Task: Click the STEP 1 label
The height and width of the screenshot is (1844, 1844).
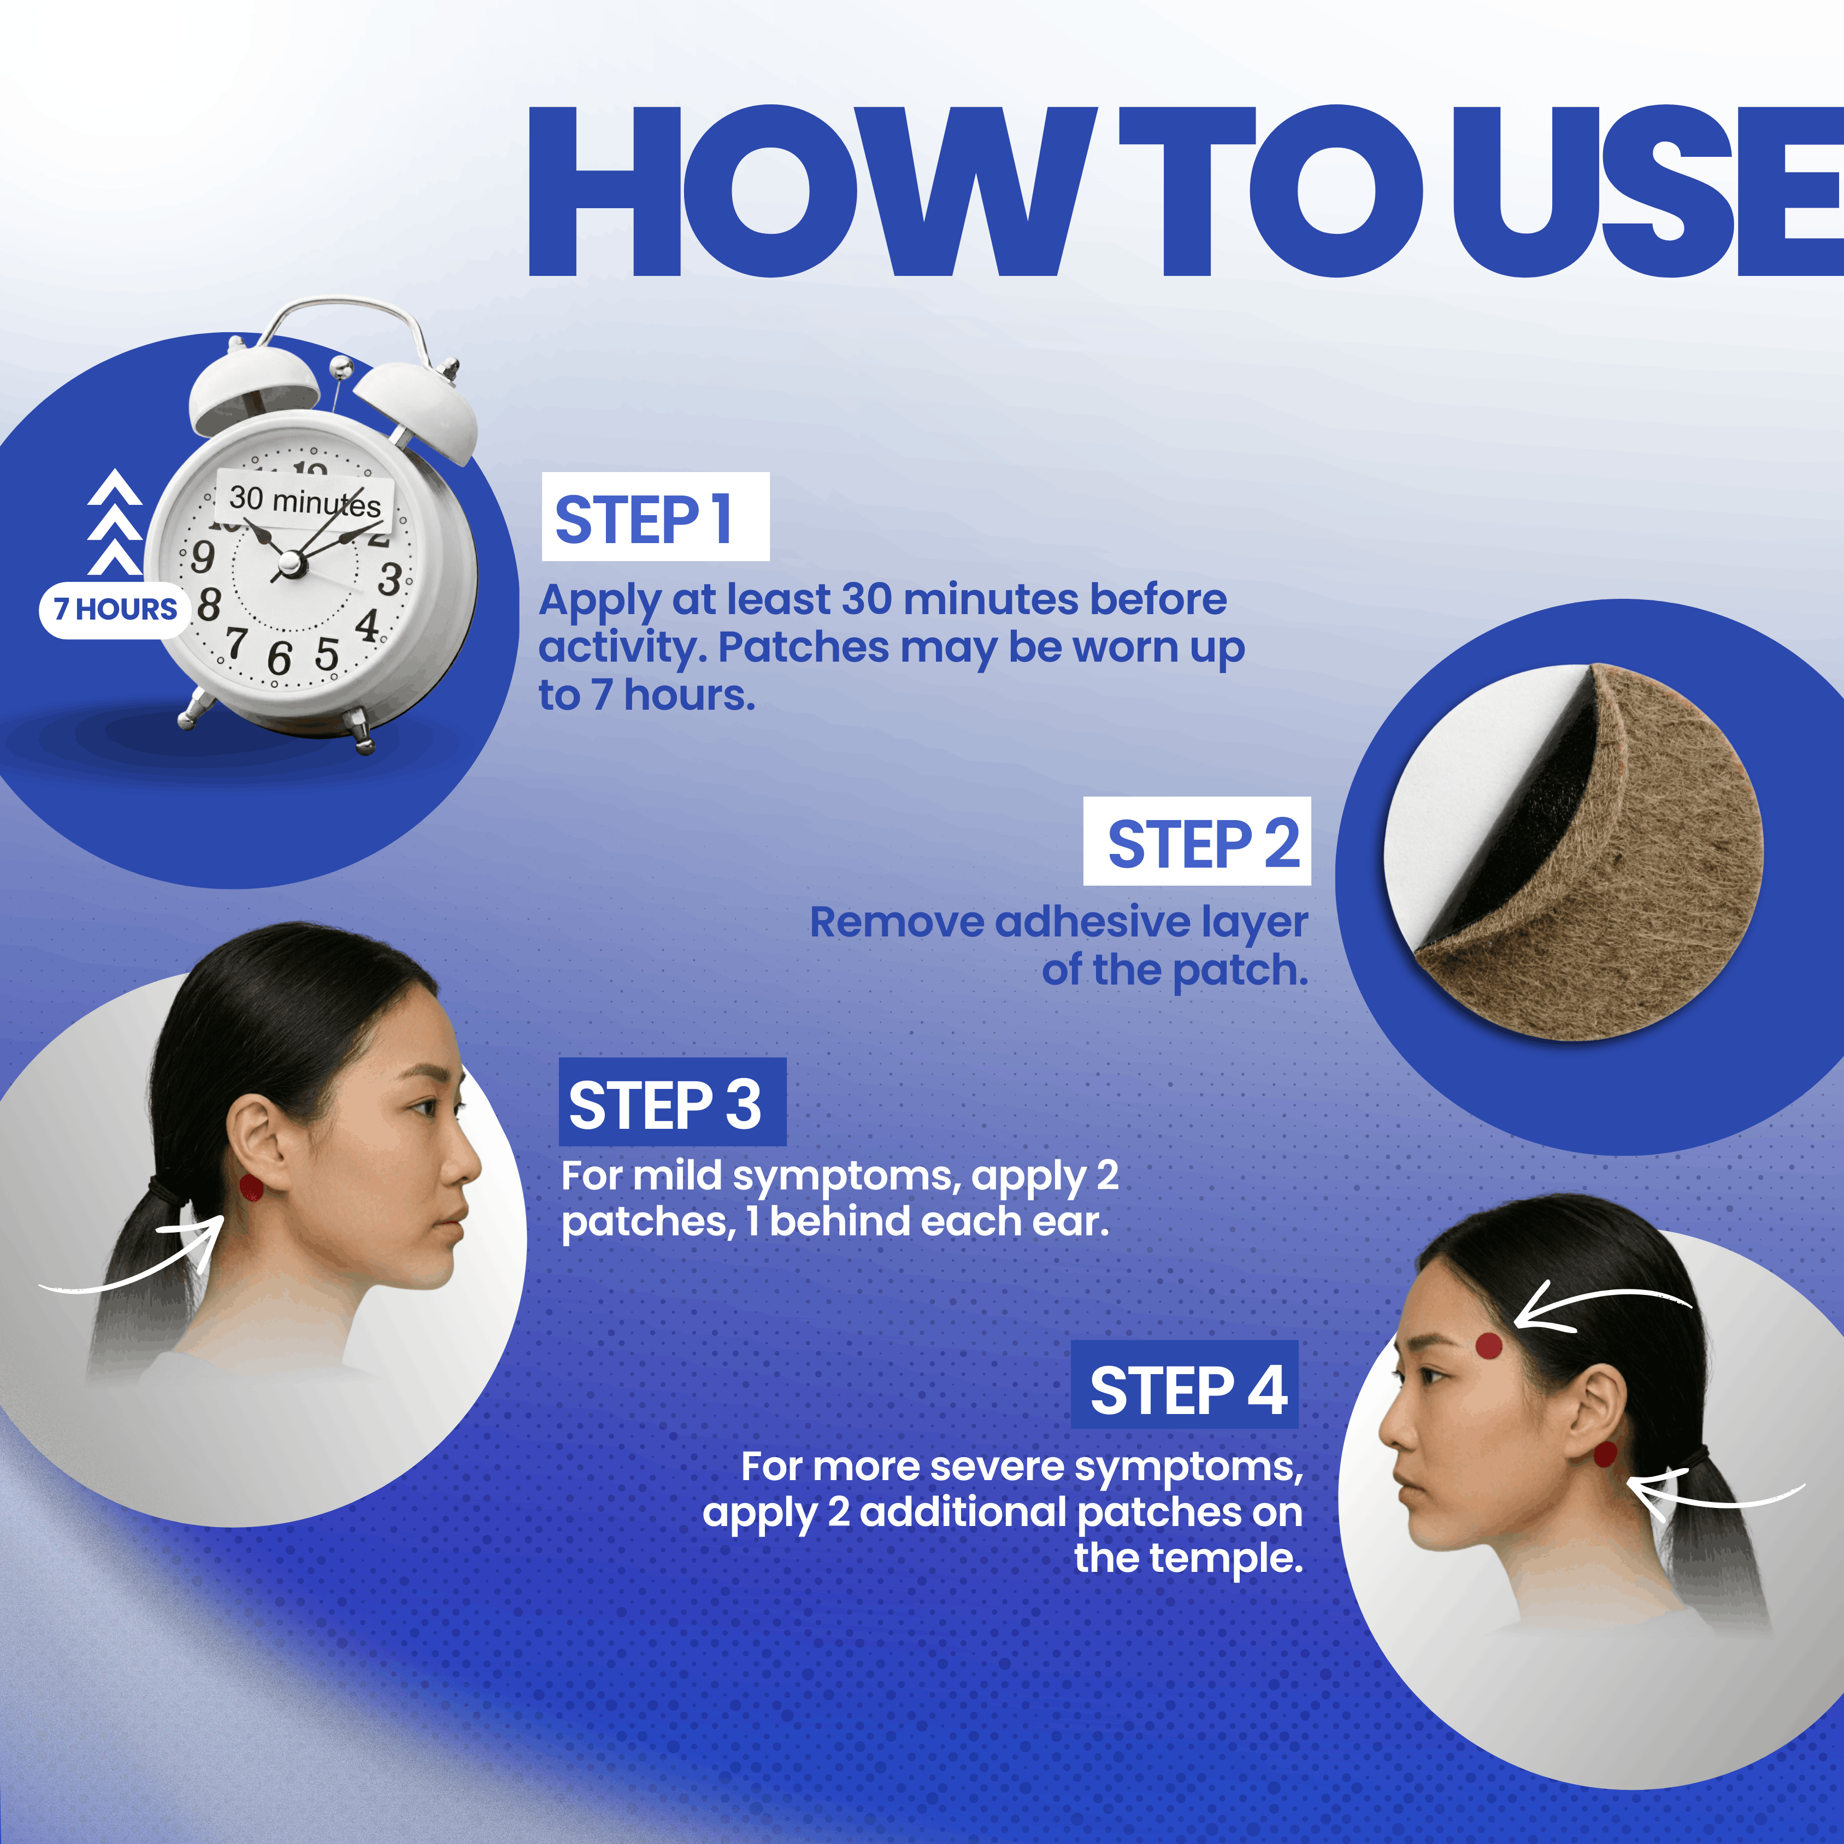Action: (656, 516)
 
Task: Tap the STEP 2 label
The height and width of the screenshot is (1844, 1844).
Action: (1197, 841)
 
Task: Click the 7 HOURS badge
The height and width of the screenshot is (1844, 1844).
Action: (115, 609)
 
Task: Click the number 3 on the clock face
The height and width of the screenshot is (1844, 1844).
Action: (390, 579)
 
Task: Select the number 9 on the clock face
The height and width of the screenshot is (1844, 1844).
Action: (202, 556)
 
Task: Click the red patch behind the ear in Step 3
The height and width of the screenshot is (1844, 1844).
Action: (251, 1188)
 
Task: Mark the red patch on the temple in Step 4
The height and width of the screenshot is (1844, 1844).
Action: (1489, 1346)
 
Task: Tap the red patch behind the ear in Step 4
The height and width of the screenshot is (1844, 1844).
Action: (1605, 1454)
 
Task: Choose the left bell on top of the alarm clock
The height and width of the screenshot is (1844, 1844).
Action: (254, 386)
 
